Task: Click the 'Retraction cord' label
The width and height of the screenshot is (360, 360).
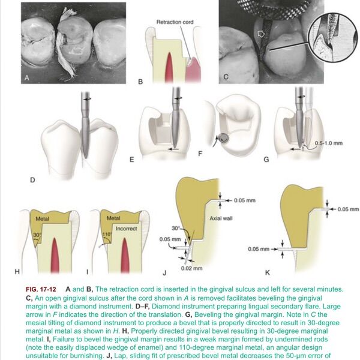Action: (175, 22)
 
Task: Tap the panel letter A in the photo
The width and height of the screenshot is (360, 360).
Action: (27, 78)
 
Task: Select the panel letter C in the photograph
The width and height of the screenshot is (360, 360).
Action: (226, 77)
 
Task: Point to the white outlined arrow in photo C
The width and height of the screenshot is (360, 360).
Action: (261, 34)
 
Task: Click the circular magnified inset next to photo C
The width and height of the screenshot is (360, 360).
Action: (332, 37)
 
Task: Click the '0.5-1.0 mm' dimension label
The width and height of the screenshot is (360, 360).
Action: (329, 143)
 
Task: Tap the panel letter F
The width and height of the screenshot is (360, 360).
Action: (200, 154)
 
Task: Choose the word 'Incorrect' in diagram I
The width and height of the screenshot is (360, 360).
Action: (126, 229)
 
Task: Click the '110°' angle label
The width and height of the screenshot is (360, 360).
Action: (107, 235)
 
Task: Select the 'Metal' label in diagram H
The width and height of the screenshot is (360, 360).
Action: (43, 219)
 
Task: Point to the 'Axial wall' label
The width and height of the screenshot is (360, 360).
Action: (221, 218)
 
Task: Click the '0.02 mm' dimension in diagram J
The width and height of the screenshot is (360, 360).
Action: (192, 268)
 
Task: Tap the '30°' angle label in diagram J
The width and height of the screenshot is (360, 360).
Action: (175, 229)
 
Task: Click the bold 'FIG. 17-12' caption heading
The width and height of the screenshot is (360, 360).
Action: (41, 289)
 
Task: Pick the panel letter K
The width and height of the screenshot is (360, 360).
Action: (268, 273)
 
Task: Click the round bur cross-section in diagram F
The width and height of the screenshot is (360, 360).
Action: (224, 137)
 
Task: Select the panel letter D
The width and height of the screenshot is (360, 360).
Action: (32, 180)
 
